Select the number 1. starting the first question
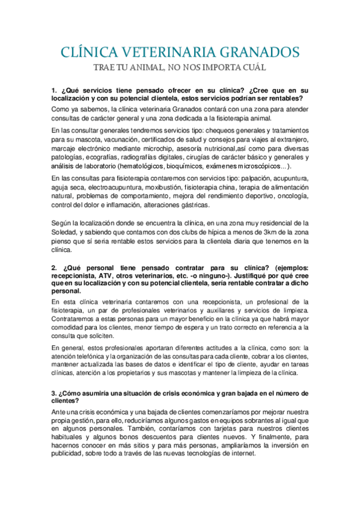coord(55,91)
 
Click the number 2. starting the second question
coord(55,266)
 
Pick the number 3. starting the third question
coord(55,394)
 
